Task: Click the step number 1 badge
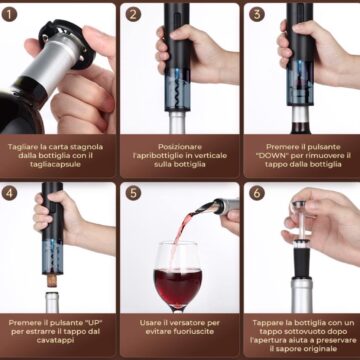(9, 14)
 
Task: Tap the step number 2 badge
(133, 14)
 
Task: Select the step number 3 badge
(257, 14)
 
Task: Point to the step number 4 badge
(9, 193)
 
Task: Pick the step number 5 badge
(133, 193)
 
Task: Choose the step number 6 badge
(257, 193)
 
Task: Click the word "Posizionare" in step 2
(180, 147)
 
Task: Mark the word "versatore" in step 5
(185, 323)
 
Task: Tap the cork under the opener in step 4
(52, 281)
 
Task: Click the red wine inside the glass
(178, 287)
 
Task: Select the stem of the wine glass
(178, 310)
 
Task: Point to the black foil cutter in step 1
(67, 43)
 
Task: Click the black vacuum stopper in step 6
(302, 262)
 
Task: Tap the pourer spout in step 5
(208, 207)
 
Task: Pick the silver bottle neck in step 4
(52, 302)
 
